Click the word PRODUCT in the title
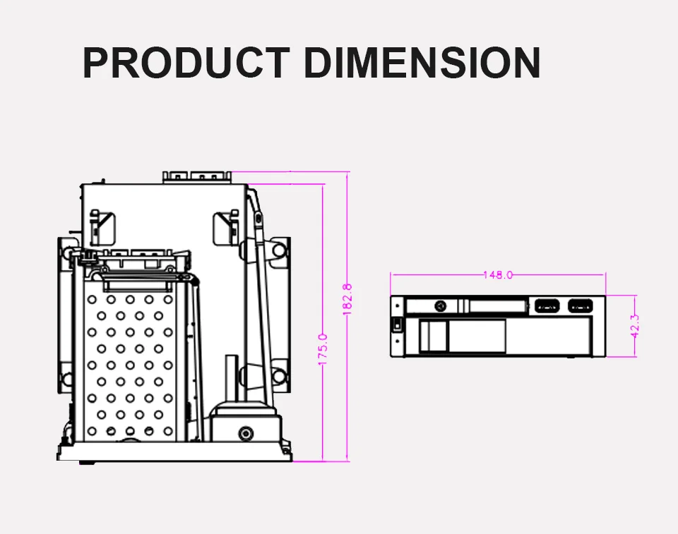[186, 63]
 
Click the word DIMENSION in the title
[422, 63]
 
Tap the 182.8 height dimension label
[347, 299]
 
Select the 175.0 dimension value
[323, 349]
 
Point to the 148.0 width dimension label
[498, 275]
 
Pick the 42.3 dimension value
[634, 326]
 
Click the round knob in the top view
[441, 306]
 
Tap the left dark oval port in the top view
[547, 306]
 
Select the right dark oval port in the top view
[581, 306]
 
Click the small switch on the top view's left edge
[398, 324]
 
